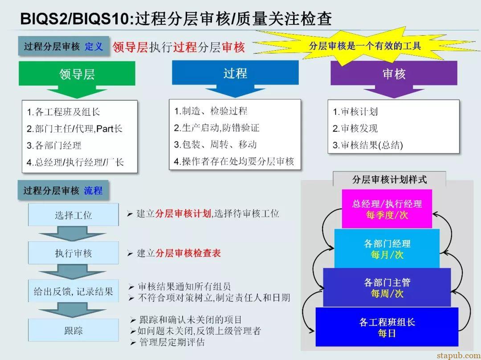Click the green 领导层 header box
(77, 73)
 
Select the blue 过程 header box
(235, 73)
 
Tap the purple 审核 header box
(394, 73)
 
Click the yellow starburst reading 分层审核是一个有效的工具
(365, 46)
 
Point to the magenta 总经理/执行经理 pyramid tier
(387, 209)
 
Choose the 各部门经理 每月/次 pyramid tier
(387, 248)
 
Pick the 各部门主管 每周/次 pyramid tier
(387, 288)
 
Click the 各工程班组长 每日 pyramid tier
(387, 327)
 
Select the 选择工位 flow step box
(73, 215)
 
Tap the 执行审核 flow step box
(73, 253)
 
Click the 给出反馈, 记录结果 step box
(73, 291)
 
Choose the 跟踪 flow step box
(73, 330)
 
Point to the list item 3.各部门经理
(54, 145)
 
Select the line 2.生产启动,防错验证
(216, 127)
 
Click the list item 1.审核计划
(355, 112)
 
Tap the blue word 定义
(94, 46)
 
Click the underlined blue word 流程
(93, 190)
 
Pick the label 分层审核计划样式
(389, 179)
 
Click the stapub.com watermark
(458, 356)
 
